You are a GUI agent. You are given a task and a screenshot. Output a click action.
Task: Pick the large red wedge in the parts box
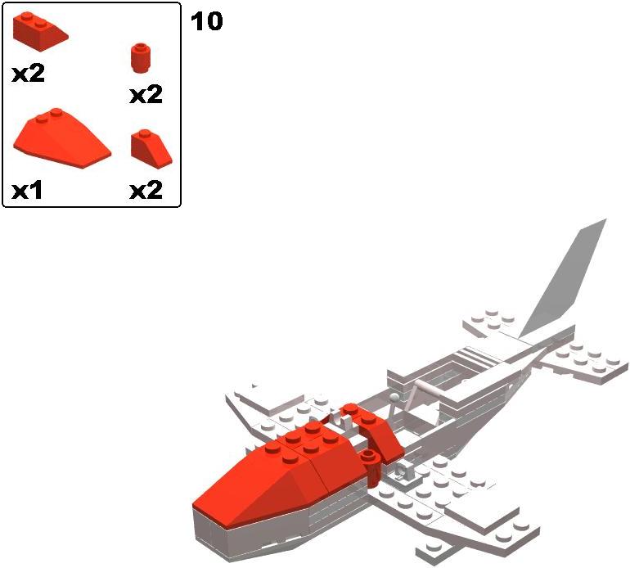60,139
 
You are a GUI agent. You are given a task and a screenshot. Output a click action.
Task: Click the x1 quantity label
28,191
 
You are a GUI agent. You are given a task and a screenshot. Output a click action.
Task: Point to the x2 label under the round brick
146,95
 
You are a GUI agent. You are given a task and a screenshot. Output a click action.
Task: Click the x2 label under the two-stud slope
28,74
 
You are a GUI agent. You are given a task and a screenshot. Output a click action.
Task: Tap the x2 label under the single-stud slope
146,191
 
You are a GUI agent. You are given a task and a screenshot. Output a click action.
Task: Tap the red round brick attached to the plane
369,467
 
